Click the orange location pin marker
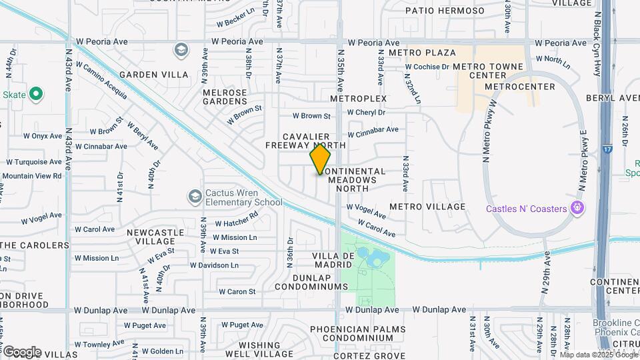(320, 159)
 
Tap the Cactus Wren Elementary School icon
(195, 196)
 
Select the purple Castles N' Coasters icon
(577, 208)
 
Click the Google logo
(21, 351)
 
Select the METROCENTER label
(520, 87)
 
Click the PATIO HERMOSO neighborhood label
(445, 11)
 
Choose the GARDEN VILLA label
(154, 75)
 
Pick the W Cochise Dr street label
(427, 67)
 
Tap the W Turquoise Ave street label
(35, 161)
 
